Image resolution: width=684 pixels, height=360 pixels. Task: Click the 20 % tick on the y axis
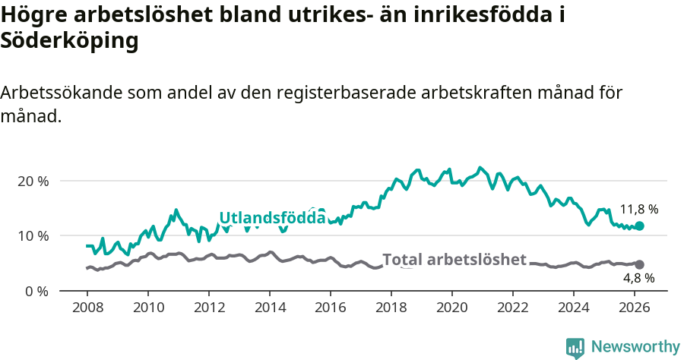tap(33, 182)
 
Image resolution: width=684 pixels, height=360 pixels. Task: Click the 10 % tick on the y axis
tap(33, 236)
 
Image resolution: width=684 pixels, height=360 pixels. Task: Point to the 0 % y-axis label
tap(36, 291)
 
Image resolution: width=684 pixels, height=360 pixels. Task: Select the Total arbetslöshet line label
tap(454, 260)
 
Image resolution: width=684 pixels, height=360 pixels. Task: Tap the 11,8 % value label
tap(638, 209)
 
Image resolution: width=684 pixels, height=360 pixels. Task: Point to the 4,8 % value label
tap(638, 278)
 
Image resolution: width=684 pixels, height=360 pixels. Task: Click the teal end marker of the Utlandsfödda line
tap(640, 226)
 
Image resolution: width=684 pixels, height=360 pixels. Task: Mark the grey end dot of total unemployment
tap(640, 264)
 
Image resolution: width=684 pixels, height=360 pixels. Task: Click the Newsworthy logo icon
tap(575, 347)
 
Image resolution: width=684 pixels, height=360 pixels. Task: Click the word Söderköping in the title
tap(69, 41)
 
